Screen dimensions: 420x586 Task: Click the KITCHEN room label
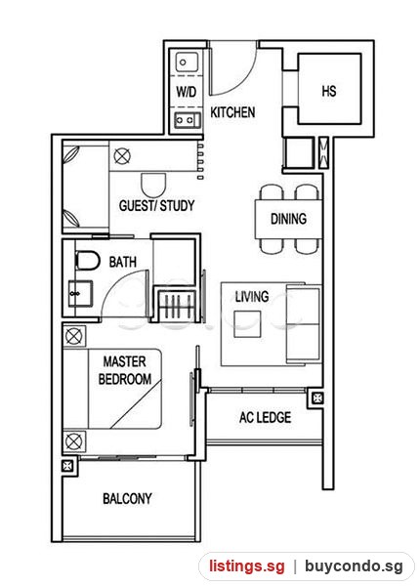pyautogui.click(x=232, y=112)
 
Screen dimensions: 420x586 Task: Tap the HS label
pyautogui.click(x=329, y=91)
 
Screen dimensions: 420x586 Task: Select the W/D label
pyautogui.click(x=187, y=92)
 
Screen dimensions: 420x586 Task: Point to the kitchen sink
pyautogui.click(x=187, y=63)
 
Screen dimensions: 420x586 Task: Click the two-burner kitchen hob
pyautogui.click(x=187, y=120)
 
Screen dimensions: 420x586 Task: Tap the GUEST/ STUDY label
pyautogui.click(x=156, y=205)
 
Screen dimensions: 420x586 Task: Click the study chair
pyautogui.click(x=153, y=185)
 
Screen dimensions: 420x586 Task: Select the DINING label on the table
pyautogui.click(x=288, y=219)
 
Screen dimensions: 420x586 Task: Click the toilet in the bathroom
pyautogui.click(x=88, y=261)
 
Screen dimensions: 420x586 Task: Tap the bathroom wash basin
pyautogui.click(x=80, y=294)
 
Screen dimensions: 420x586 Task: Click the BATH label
pyautogui.click(x=122, y=262)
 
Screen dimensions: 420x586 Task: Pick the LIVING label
pyautogui.click(x=252, y=297)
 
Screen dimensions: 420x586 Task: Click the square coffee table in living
pyautogui.click(x=247, y=324)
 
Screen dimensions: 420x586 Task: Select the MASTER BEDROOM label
pyautogui.click(x=125, y=370)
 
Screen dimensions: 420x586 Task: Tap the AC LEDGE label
pyautogui.click(x=265, y=417)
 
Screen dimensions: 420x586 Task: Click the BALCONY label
pyautogui.click(x=127, y=498)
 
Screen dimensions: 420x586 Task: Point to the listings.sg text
pyautogui.click(x=246, y=565)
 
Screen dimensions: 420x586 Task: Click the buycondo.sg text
pyautogui.click(x=354, y=565)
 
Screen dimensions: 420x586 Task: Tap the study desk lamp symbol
pyautogui.click(x=122, y=156)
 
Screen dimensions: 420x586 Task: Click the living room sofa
pyautogui.click(x=304, y=323)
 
